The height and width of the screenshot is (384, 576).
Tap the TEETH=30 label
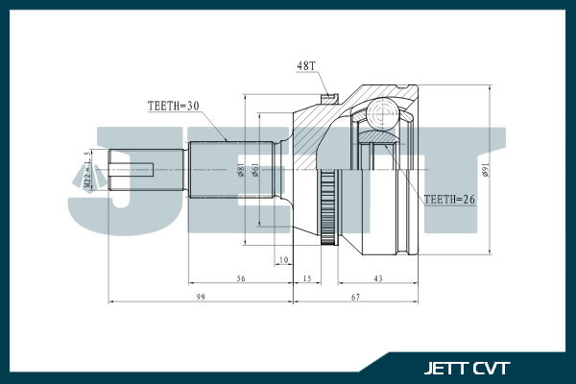[x=173, y=107]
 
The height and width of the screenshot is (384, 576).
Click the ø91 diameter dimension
[x=486, y=172]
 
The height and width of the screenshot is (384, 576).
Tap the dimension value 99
[x=201, y=299]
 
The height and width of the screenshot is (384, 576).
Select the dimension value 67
[x=355, y=299]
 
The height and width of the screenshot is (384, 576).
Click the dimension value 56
[x=241, y=279]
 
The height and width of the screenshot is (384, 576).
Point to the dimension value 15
[x=306, y=279]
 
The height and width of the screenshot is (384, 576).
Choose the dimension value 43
[x=377, y=279]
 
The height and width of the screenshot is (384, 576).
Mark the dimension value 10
[x=282, y=260]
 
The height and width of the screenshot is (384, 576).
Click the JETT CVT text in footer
[x=468, y=368]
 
